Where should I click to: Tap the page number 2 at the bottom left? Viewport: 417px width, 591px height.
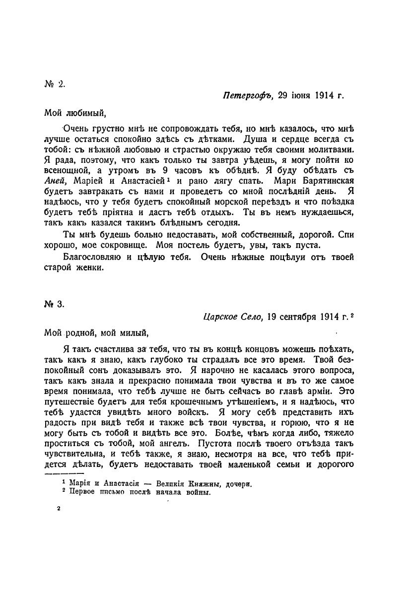59,509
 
